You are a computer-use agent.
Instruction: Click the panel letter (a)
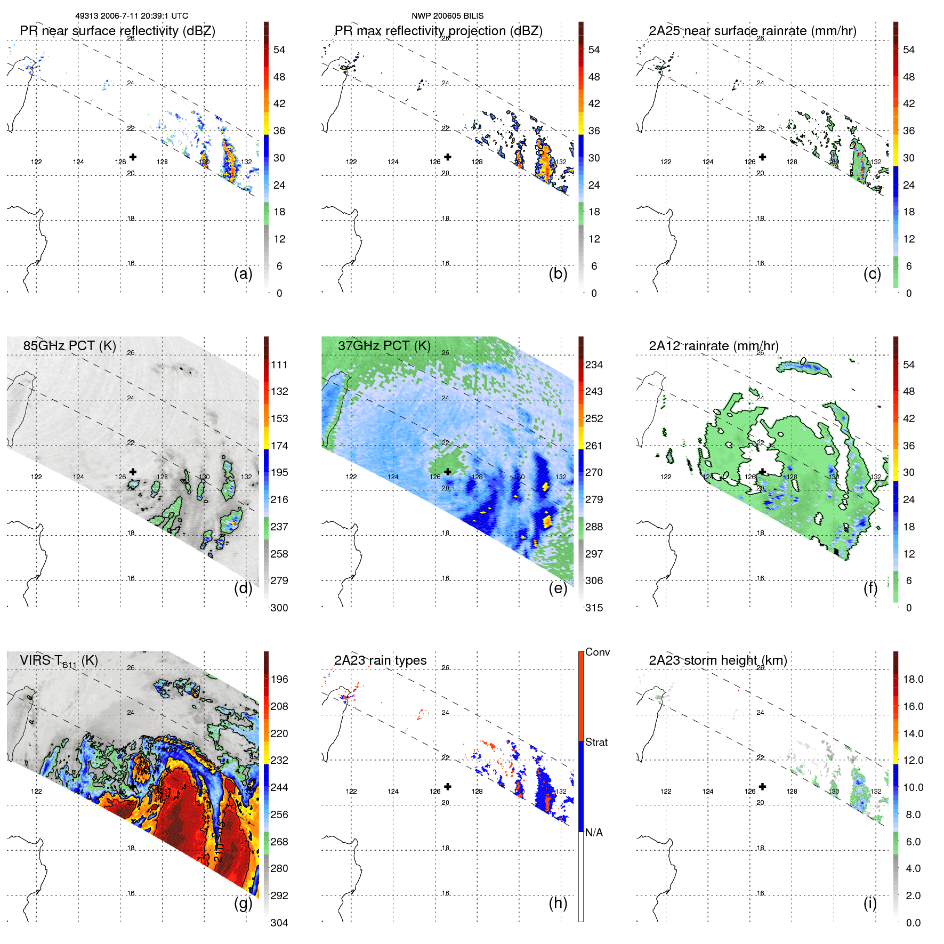(243, 273)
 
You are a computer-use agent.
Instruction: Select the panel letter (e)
(558, 588)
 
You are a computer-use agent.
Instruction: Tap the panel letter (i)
(870, 903)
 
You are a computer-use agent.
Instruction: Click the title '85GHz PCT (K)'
(69, 345)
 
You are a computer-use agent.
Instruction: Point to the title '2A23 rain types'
(380, 660)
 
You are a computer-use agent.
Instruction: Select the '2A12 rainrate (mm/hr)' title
(713, 345)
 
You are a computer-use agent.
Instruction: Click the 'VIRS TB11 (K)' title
(59, 661)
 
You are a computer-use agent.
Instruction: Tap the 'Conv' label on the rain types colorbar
(597, 652)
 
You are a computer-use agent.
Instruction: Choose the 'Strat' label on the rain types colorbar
(596, 742)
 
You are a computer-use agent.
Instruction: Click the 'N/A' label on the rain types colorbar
(594, 833)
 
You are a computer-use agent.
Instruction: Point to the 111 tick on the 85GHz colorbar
(279, 365)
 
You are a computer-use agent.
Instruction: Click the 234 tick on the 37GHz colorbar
(594, 365)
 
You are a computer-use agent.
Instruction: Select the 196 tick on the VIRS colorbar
(279, 679)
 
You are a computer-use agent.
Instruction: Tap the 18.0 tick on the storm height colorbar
(913, 679)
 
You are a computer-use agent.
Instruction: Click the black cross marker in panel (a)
(133, 157)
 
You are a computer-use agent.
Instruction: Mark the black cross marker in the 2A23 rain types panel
(448, 786)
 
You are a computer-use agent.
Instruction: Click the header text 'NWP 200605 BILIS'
(447, 16)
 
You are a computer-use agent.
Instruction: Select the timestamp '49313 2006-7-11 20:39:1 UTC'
(132, 16)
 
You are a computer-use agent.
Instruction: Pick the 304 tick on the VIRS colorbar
(279, 923)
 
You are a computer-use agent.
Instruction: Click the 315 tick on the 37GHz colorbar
(594, 608)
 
